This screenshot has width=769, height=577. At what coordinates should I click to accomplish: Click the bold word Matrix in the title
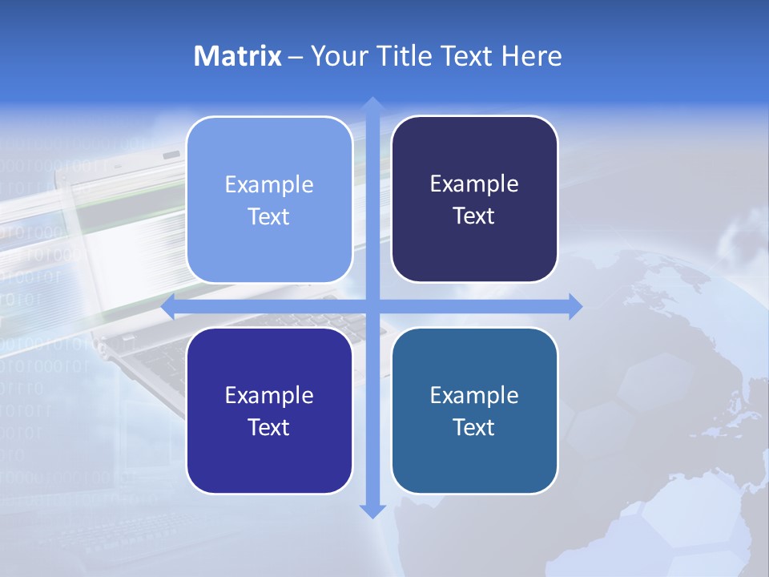[x=238, y=56]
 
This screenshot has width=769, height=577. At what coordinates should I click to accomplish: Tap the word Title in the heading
[x=402, y=56]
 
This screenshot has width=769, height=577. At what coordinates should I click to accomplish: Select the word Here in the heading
[x=532, y=56]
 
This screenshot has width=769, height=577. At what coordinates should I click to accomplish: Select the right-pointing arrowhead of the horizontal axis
[x=574, y=306]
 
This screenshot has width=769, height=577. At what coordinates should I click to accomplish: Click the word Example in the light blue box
[x=269, y=185]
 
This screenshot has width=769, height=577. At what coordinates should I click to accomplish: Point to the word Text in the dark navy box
[x=474, y=216]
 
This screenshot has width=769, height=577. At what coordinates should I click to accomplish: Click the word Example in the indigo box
[x=269, y=395]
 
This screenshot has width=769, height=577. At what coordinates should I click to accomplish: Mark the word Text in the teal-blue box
[x=474, y=427]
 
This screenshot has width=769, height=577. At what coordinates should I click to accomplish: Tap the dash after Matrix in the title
[x=296, y=57]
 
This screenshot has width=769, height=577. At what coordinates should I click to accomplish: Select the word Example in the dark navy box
[x=474, y=184]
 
